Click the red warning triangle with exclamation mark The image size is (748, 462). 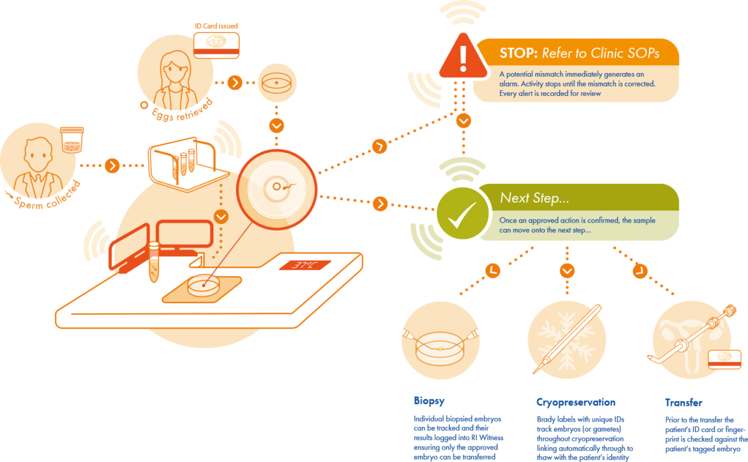[463, 57]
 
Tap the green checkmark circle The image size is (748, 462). [463, 213]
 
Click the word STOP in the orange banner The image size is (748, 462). [518, 54]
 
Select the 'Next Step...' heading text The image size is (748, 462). [534, 198]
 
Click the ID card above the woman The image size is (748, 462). [216, 46]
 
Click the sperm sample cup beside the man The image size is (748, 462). [72, 140]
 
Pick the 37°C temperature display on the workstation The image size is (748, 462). [305, 265]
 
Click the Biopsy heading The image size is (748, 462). [429, 401]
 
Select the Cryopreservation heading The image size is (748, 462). [576, 402]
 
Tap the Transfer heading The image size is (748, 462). [684, 403]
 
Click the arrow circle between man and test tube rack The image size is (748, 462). [112, 166]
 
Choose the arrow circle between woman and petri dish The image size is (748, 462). [235, 82]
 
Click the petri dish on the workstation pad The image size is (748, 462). [203, 286]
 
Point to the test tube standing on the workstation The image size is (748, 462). [153, 262]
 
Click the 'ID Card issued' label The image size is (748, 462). [216, 26]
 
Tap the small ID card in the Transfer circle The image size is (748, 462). [724, 360]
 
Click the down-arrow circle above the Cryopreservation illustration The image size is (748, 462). [567, 271]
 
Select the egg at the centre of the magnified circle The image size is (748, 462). [277, 187]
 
